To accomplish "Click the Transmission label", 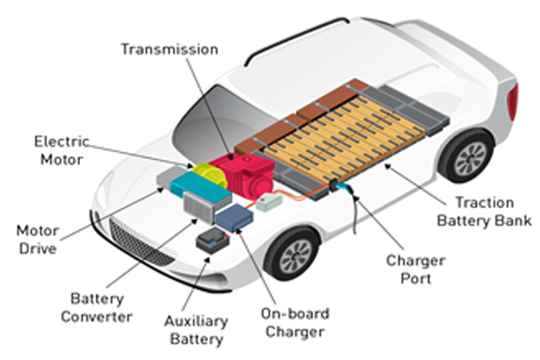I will tap(169, 49).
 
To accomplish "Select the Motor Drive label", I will tap(37, 240).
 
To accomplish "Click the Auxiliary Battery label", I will tap(195, 330).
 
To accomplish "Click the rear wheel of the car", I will tap(467, 156).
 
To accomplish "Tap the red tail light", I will tap(512, 101).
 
